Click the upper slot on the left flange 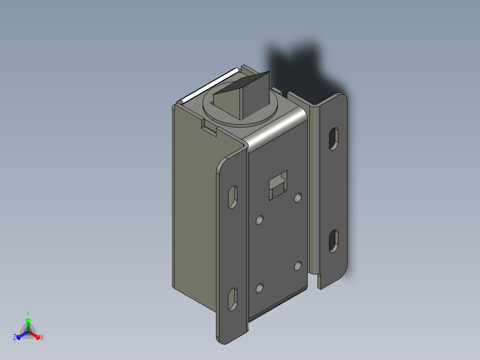click(x=233, y=197)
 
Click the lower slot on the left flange click(x=233, y=299)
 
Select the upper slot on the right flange click(x=334, y=139)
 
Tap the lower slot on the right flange click(x=334, y=241)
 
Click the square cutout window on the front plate click(x=278, y=185)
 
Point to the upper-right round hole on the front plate click(x=298, y=198)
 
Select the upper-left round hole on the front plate click(x=260, y=220)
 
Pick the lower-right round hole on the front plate click(x=298, y=266)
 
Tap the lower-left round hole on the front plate click(x=260, y=288)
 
